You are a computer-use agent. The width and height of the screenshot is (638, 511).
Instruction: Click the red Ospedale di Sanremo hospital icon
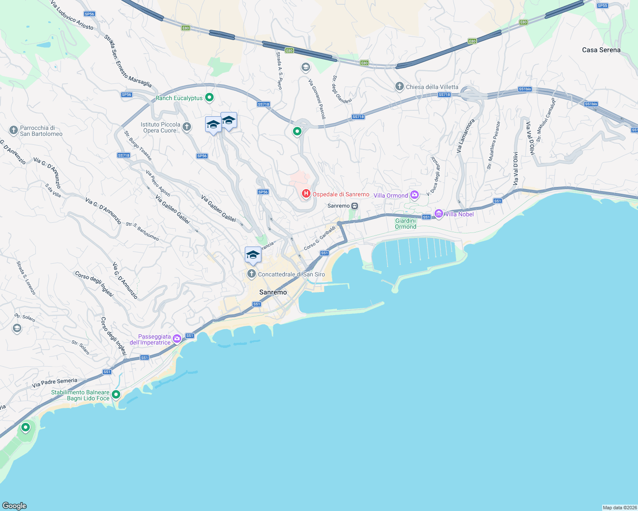[306, 194]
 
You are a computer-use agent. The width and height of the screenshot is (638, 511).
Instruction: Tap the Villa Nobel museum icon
[438, 213]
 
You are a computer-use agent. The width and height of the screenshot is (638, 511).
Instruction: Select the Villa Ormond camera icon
[415, 195]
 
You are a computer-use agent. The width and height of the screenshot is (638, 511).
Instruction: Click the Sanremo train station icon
[354, 206]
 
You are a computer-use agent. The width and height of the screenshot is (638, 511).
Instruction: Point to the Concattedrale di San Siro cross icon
[252, 274]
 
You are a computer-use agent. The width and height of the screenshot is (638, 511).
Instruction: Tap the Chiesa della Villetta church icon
[399, 87]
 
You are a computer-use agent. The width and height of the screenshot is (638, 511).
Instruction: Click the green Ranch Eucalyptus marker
[209, 98]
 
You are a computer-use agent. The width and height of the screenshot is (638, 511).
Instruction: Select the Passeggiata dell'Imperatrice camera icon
[177, 339]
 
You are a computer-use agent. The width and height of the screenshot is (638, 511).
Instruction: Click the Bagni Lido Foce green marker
[116, 395]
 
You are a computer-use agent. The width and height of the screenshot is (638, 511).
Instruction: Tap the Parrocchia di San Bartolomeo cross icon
[14, 130]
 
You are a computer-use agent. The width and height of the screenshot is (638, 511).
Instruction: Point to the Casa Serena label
[601, 50]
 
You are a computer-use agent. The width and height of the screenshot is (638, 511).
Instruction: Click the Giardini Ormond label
[406, 224]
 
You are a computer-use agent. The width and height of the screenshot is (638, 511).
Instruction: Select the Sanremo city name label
[273, 292]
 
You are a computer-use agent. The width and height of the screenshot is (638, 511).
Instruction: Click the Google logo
[14, 505]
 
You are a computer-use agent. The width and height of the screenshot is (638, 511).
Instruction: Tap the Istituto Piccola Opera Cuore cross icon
[187, 126]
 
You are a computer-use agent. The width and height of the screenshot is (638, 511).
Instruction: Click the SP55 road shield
[602, 6]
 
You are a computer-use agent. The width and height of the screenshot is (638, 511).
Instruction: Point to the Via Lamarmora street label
[465, 136]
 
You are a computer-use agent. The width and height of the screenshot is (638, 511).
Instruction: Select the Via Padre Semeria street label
[55, 383]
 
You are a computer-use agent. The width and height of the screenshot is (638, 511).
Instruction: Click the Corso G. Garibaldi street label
[320, 238]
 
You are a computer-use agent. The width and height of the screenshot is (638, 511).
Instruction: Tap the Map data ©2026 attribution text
[619, 508]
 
